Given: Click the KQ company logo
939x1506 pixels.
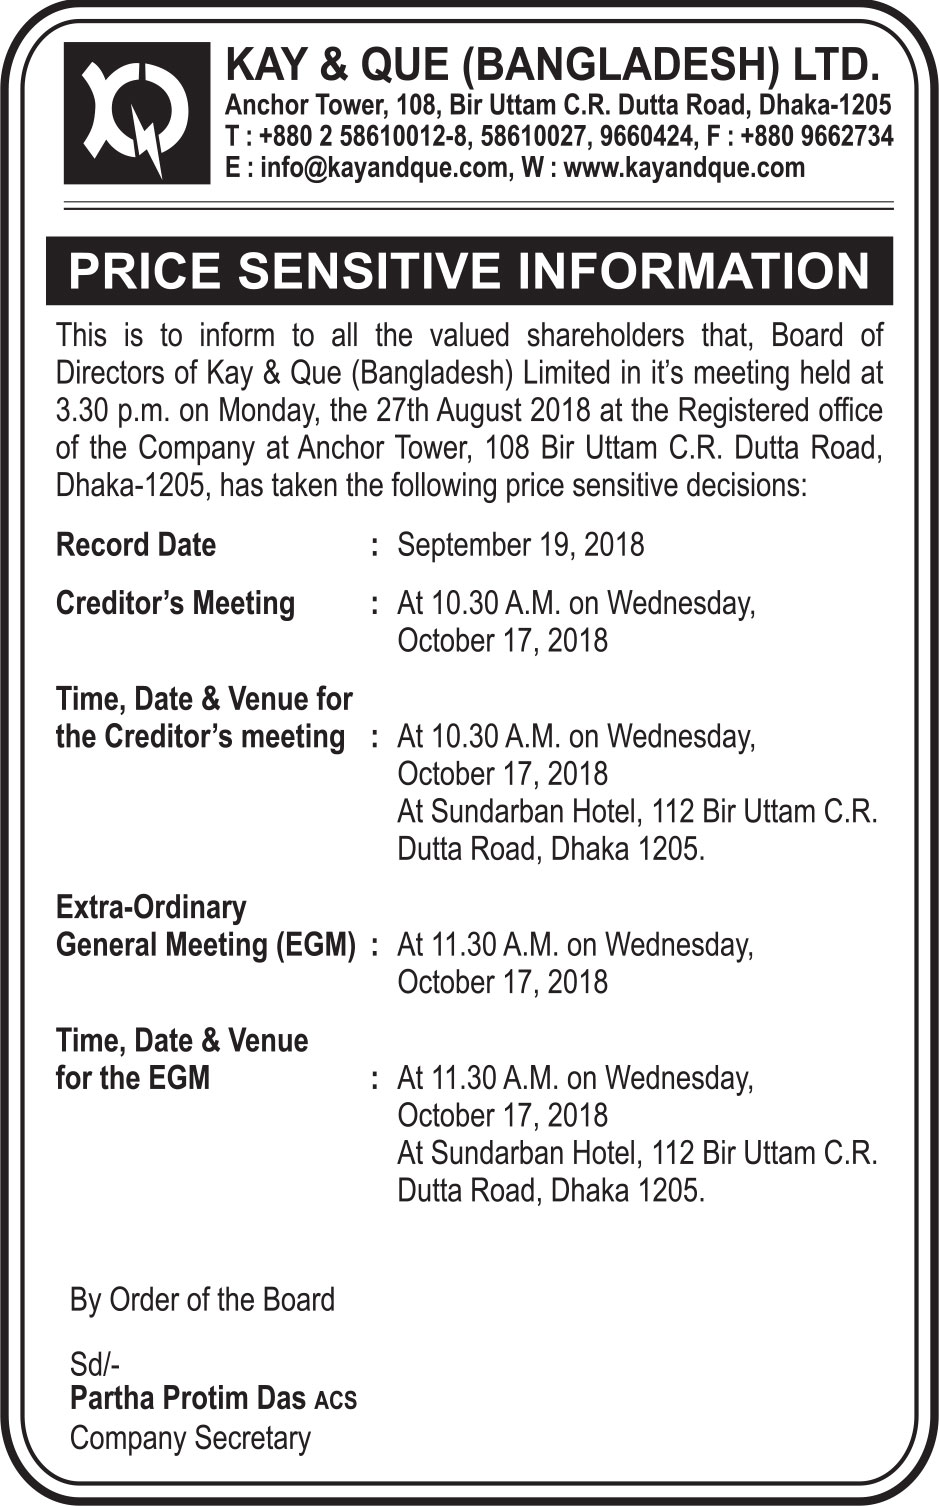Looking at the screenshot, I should pyautogui.click(x=137, y=113).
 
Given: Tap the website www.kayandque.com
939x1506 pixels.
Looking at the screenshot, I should pyautogui.click(x=684, y=167).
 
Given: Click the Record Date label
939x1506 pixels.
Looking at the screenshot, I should pyautogui.click(x=136, y=545).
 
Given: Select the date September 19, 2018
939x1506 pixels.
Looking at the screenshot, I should pyautogui.click(x=520, y=545).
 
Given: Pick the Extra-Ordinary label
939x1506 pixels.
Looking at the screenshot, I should pyautogui.click(x=151, y=907).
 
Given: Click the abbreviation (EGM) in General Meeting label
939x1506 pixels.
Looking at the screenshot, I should pyautogui.click(x=315, y=945).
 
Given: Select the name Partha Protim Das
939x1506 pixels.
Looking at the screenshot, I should pyautogui.click(x=187, y=1398).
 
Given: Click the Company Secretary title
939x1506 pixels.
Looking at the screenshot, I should pyautogui.click(x=190, y=1438).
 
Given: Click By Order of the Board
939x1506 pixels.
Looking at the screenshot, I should pyautogui.click(x=202, y=1300).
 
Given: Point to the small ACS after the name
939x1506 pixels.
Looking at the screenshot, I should pyautogui.click(x=335, y=1401).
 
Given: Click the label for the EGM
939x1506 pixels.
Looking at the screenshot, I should pyautogui.click(x=133, y=1078).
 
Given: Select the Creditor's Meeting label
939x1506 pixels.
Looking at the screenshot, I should pyautogui.click(x=175, y=604).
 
